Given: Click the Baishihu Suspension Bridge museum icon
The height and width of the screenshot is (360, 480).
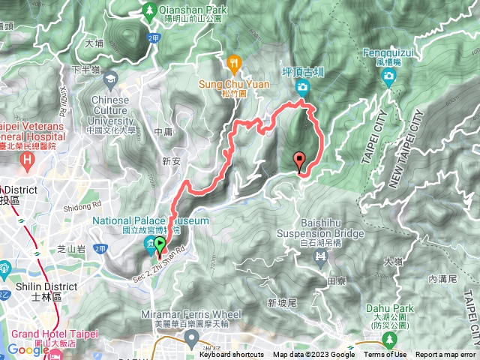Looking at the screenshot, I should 321,258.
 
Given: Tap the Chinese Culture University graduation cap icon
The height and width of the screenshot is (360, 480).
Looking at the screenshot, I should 111,78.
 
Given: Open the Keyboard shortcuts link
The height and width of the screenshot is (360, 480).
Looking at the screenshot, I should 231,355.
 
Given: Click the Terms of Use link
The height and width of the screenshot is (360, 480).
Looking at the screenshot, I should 385,355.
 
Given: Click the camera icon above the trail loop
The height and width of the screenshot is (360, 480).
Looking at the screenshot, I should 302,88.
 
